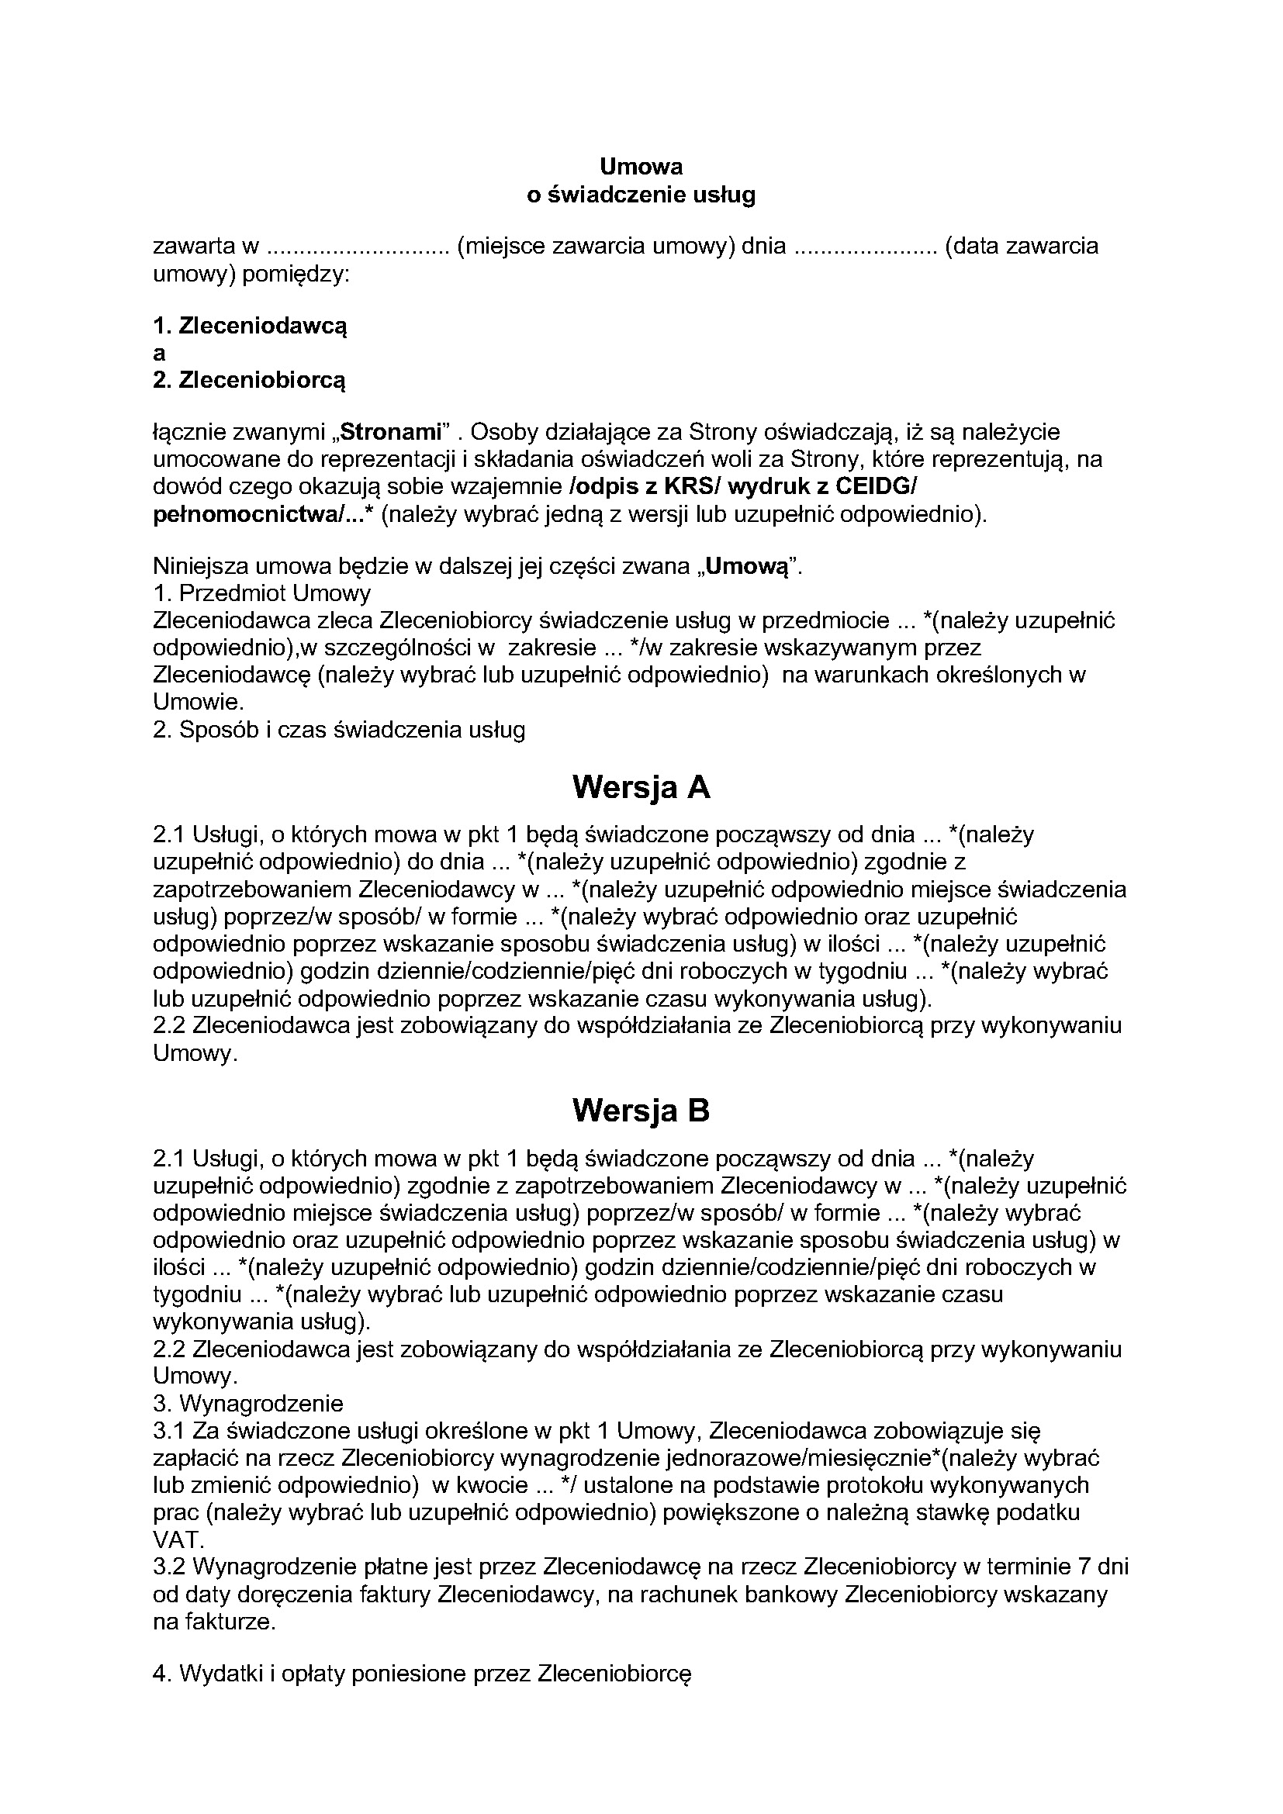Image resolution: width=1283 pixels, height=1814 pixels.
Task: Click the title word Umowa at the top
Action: pyautogui.click(x=641, y=167)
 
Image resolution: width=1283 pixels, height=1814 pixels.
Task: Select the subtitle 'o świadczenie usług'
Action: pyautogui.click(x=641, y=195)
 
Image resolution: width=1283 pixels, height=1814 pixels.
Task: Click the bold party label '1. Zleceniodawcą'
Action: pyautogui.click(x=250, y=326)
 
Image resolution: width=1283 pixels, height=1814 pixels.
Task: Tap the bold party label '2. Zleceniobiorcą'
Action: pyautogui.click(x=250, y=381)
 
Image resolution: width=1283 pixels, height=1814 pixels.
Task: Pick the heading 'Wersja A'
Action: pyautogui.click(x=641, y=787)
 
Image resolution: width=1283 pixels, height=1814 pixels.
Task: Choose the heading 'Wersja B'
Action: pyautogui.click(x=641, y=1111)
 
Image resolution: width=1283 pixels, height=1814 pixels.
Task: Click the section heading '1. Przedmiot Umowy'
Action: pyautogui.click(x=261, y=593)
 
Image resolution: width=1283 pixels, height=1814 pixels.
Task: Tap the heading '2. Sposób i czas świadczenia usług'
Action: pyautogui.click(x=339, y=729)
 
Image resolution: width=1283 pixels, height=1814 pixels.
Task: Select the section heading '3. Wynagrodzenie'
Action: pyautogui.click(x=248, y=1403)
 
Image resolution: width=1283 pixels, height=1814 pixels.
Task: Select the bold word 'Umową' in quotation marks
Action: pyautogui.click(x=747, y=566)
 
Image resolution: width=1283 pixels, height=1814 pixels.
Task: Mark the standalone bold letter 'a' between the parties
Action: pyautogui.click(x=159, y=353)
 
